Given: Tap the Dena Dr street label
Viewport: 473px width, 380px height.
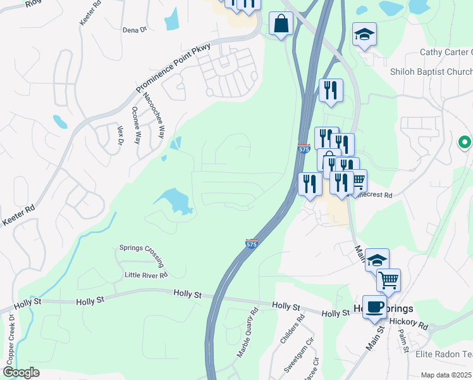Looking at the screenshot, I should (x=134, y=30).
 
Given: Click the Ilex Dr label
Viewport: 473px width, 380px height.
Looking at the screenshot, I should (x=119, y=134).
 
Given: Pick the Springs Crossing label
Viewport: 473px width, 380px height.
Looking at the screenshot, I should (x=143, y=255).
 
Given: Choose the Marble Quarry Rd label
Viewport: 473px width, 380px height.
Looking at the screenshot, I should (x=247, y=334).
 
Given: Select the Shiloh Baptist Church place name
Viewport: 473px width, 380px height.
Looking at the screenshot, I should (x=431, y=72).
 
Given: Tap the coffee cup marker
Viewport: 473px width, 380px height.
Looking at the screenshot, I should (x=374, y=307).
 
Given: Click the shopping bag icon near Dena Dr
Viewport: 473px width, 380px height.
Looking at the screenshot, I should (x=280, y=24).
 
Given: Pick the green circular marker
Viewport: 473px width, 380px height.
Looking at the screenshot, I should (x=465, y=142).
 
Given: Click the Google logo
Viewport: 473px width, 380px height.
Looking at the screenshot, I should (x=21, y=372).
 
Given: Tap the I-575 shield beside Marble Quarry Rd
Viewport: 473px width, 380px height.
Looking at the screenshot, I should (x=251, y=243).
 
